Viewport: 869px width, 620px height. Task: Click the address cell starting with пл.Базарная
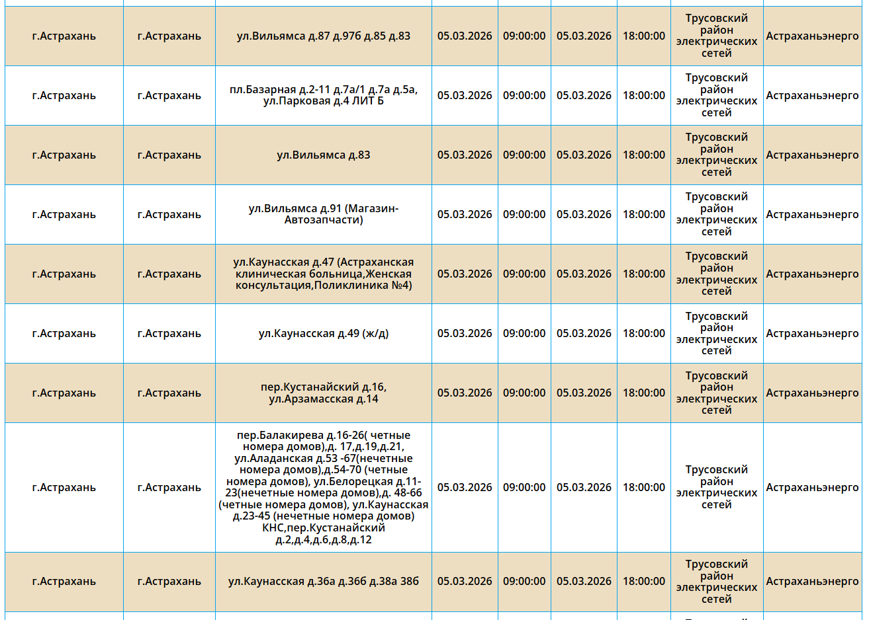(x=323, y=95)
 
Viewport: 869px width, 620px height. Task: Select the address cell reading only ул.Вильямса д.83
(x=323, y=155)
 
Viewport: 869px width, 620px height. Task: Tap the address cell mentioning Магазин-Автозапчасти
(x=323, y=214)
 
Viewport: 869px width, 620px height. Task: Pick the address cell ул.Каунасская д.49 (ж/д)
(x=323, y=333)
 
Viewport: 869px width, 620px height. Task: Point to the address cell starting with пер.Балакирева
(x=323, y=487)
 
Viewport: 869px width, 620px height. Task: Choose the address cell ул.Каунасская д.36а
(x=323, y=581)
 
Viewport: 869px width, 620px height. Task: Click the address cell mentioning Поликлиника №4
(x=323, y=274)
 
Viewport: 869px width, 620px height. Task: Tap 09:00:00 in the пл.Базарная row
(x=524, y=95)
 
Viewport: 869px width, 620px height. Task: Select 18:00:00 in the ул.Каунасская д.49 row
(x=643, y=333)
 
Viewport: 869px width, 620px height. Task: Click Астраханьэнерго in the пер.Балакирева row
(x=812, y=487)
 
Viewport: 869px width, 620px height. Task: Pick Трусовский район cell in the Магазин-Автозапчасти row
(x=716, y=214)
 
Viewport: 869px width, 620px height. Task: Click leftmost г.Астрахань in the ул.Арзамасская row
(x=64, y=393)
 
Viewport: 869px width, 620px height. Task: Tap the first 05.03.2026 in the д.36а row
(x=465, y=581)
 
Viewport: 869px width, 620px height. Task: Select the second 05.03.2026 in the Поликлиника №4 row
(x=584, y=274)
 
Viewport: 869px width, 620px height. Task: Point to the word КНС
(x=273, y=528)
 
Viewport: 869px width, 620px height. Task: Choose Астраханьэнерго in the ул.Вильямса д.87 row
(x=812, y=36)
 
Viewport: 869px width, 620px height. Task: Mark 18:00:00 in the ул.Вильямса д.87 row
(x=643, y=36)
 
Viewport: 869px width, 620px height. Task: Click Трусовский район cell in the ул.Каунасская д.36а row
(x=716, y=581)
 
